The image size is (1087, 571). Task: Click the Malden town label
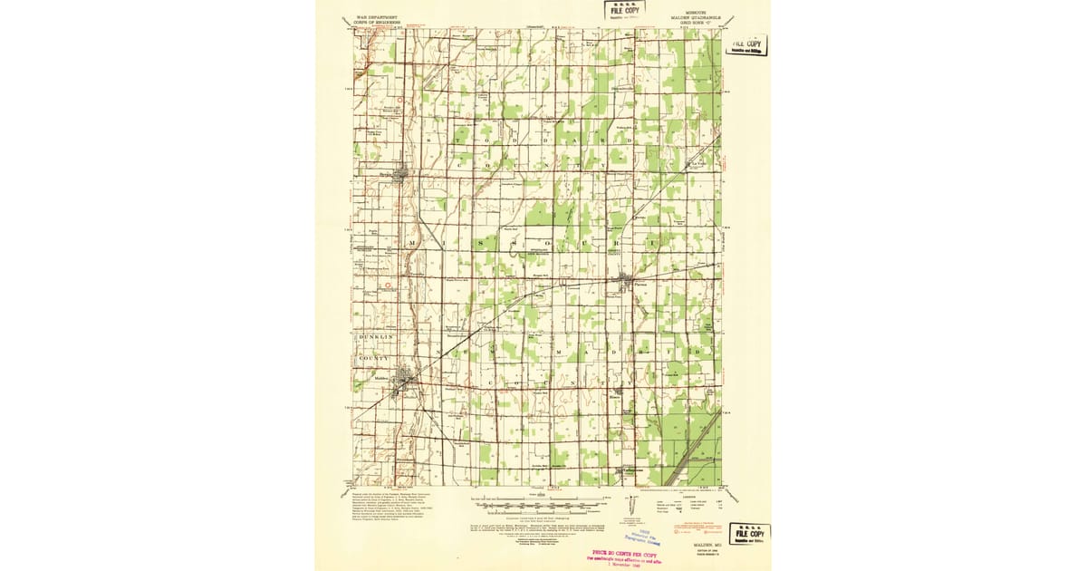pyautogui.click(x=380, y=379)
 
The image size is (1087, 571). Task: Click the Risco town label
pyautogui.click(x=614, y=396)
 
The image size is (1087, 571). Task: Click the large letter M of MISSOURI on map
pyautogui.click(x=413, y=245)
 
